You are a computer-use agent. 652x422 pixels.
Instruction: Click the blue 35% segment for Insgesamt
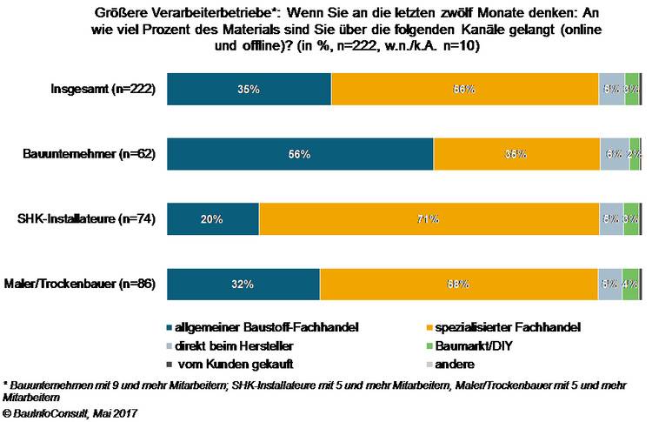click(249, 90)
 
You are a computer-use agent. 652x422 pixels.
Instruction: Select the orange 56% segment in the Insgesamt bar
click(465, 90)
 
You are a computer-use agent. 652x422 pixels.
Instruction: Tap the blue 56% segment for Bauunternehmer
click(300, 154)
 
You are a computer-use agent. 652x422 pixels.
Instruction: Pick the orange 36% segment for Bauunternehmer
click(516, 154)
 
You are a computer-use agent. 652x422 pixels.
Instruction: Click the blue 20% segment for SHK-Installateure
click(213, 219)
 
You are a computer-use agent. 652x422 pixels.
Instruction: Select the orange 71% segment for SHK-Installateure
click(429, 219)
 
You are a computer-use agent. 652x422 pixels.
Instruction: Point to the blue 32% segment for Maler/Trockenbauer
click(243, 284)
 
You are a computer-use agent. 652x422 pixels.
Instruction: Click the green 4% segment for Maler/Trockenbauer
click(631, 284)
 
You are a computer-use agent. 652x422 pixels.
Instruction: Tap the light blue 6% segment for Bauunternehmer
click(614, 154)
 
